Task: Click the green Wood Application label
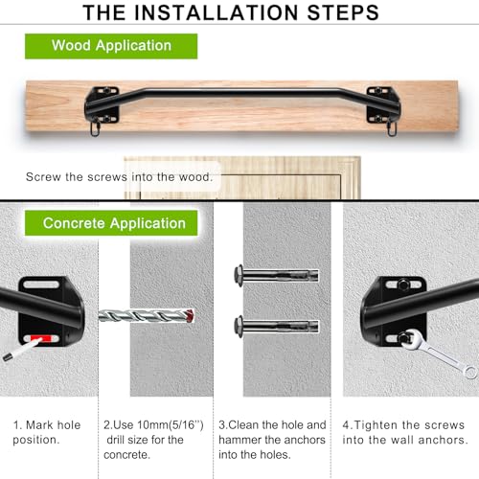pyautogui.click(x=111, y=45)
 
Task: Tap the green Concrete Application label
pyautogui.click(x=114, y=223)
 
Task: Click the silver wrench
pyautogui.click(x=436, y=354)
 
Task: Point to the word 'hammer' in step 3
pyautogui.click(x=244, y=439)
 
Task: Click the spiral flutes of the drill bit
pyautogui.click(x=144, y=315)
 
